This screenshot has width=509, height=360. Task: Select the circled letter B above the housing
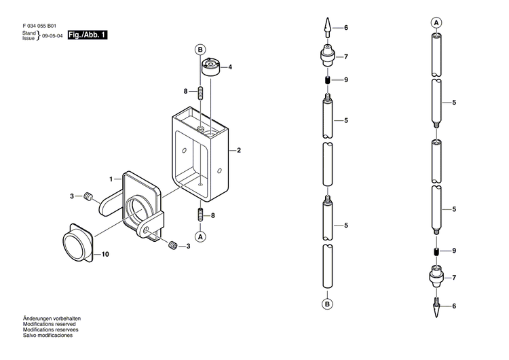(200, 50)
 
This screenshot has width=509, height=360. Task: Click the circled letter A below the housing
(200, 236)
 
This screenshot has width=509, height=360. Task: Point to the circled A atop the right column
(436, 22)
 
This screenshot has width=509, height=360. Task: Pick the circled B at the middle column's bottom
(327, 304)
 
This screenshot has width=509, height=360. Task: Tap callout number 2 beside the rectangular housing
(240, 151)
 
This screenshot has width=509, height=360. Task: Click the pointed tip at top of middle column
(327, 28)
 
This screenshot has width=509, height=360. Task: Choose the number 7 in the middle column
(345, 56)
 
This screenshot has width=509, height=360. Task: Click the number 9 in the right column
(454, 251)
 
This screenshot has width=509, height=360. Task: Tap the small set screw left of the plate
(88, 197)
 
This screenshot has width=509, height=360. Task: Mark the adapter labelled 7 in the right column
(436, 277)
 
